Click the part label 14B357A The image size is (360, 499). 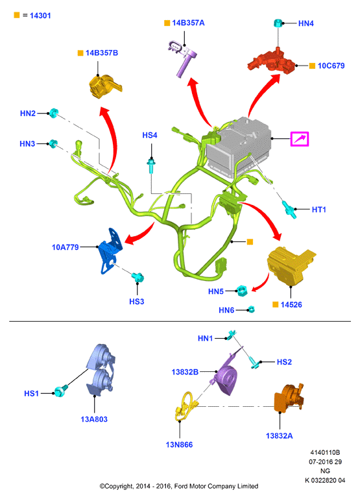188,23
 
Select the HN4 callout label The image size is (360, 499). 306,23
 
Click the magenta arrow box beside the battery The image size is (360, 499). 300,139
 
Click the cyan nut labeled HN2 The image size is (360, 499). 53,113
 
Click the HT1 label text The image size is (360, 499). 319,210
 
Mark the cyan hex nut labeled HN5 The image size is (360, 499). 242,291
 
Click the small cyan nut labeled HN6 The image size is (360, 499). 251,309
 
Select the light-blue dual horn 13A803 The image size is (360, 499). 101,371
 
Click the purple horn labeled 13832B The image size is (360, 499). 226,375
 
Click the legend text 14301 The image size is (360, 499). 40,16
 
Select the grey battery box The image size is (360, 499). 238,144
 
